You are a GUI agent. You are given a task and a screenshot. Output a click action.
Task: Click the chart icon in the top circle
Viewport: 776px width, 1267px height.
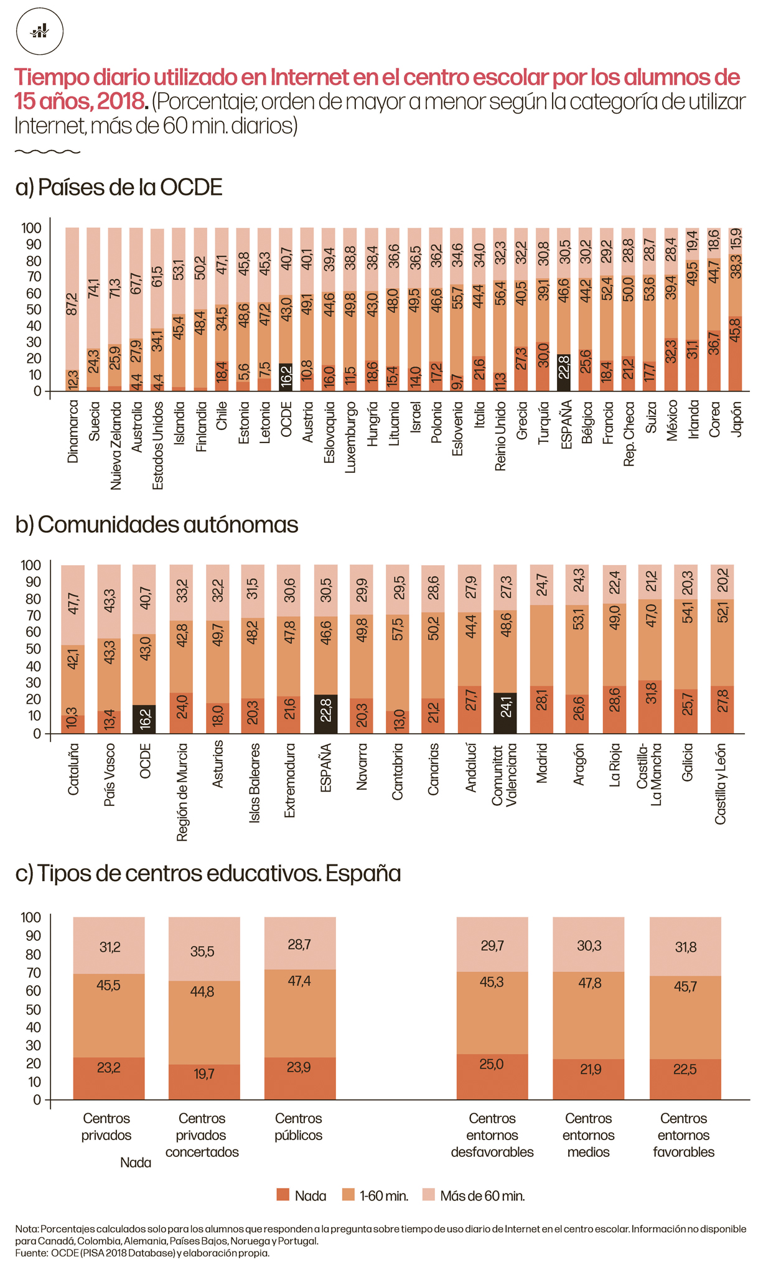tap(40, 30)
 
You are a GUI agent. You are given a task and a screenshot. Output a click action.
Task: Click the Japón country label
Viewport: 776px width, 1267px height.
tap(737, 419)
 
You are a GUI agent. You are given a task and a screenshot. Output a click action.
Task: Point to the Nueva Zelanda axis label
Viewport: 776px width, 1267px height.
tap(115, 446)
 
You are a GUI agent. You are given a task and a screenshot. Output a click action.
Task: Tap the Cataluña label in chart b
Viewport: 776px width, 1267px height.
tap(73, 769)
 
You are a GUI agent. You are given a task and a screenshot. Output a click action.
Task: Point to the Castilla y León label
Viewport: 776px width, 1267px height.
tap(721, 784)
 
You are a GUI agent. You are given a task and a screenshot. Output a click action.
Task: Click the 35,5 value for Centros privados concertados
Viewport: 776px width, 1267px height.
tap(202, 952)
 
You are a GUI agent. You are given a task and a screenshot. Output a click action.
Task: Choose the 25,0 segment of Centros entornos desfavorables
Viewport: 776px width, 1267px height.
tap(492, 1065)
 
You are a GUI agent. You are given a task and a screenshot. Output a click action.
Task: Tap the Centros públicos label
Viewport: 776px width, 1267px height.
tap(299, 1126)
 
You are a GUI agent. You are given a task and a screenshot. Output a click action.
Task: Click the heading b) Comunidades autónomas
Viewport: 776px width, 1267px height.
tap(157, 525)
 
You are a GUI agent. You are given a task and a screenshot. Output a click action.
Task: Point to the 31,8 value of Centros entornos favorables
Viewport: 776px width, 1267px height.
tap(685, 947)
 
